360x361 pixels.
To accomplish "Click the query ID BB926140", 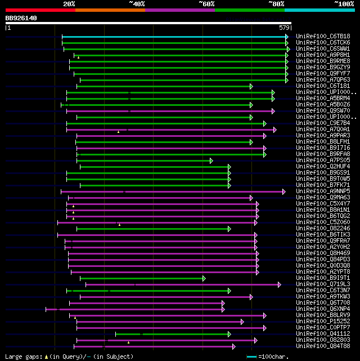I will [x=21, y=18].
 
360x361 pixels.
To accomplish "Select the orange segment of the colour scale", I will [x=110, y=10].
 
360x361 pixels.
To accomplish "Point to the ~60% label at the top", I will [x=206, y=4].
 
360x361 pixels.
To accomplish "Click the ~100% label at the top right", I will [x=344, y=4].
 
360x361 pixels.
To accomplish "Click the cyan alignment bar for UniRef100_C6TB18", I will [x=174, y=37].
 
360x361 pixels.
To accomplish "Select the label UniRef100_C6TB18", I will [x=323, y=37].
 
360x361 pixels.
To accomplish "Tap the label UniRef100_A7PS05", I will [x=323, y=161].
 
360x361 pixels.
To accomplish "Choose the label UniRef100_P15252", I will [x=323, y=322].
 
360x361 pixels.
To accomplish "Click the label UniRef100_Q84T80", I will [x=323, y=346].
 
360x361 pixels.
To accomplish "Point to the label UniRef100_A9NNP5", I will [x=323, y=191].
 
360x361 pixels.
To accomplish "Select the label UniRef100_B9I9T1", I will [x=323, y=278].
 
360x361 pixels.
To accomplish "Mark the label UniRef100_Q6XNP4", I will [x=323, y=309].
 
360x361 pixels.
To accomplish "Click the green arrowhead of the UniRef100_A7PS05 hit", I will [x=211, y=161].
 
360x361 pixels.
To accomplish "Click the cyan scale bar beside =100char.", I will [x=251, y=356].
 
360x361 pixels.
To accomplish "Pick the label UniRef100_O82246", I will [x=323, y=229].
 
